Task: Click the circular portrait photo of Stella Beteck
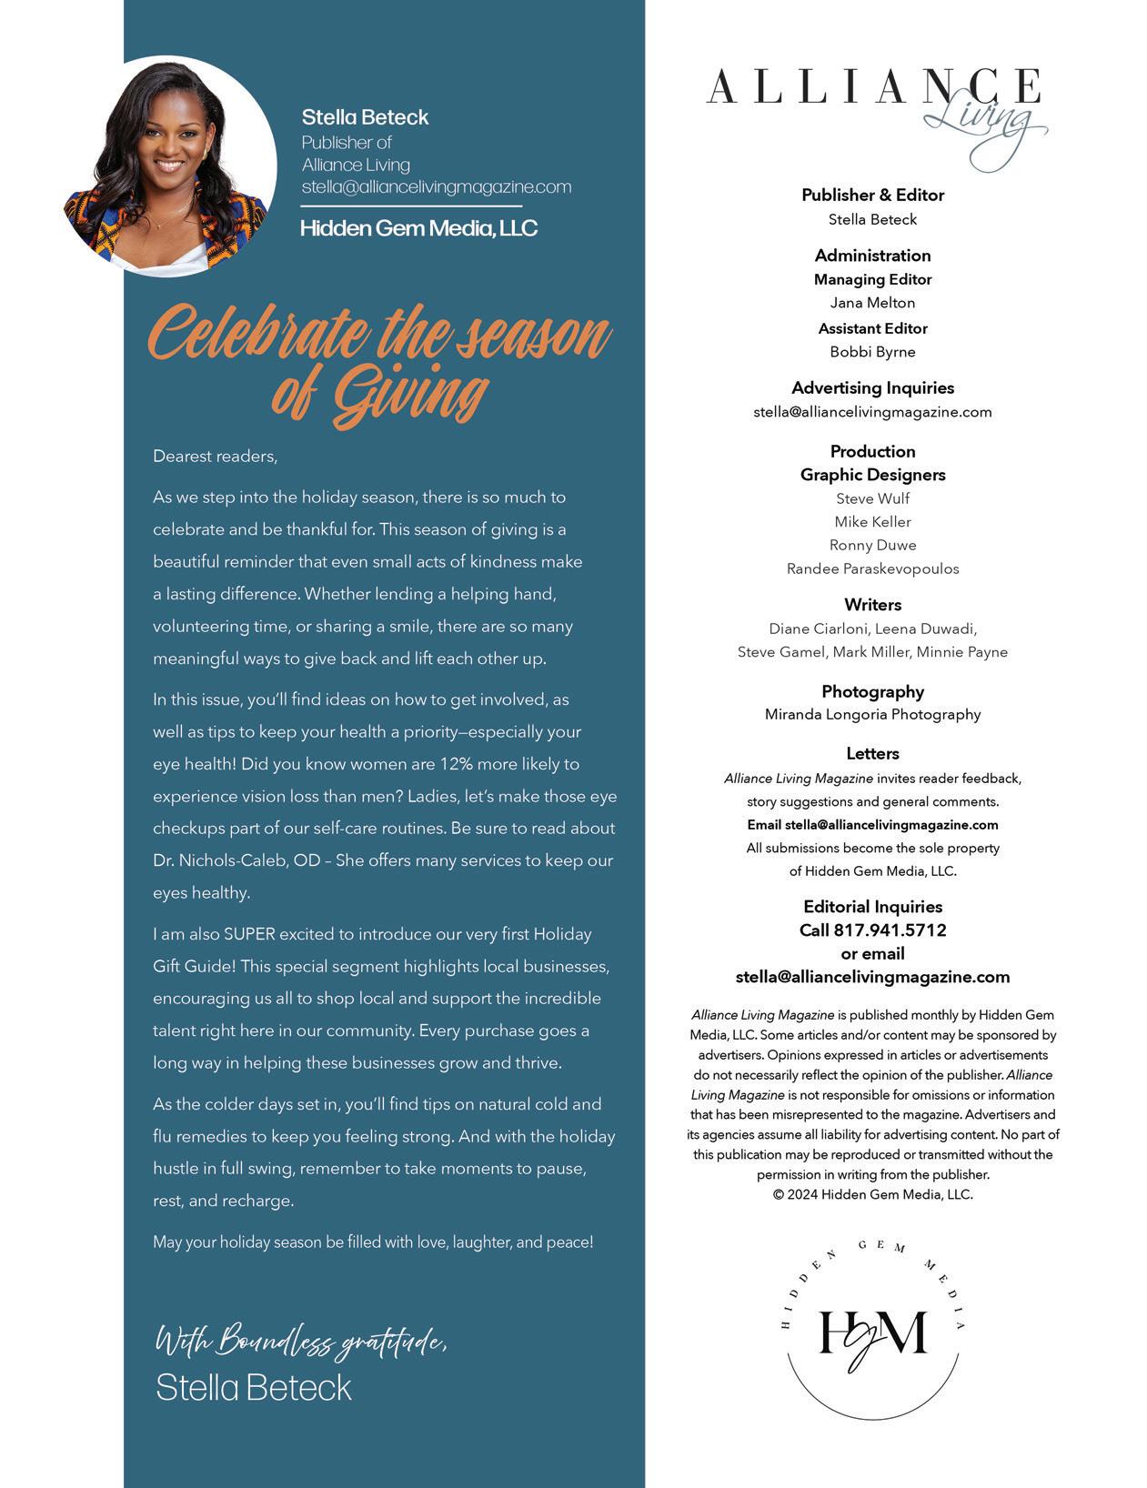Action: pyautogui.click(x=170, y=166)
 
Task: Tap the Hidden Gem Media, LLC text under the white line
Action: pyautogui.click(x=418, y=228)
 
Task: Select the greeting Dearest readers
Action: pyautogui.click(x=215, y=456)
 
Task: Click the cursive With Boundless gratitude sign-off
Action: pyautogui.click(x=301, y=1341)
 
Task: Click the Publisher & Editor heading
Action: pyautogui.click(x=872, y=195)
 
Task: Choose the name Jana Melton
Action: pyautogui.click(x=872, y=303)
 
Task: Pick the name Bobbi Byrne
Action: pyautogui.click(x=872, y=352)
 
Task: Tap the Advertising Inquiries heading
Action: pyautogui.click(x=872, y=388)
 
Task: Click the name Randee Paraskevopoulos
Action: pyautogui.click(x=872, y=569)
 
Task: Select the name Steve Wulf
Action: pyautogui.click(x=872, y=498)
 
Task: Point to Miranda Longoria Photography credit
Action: pyautogui.click(x=872, y=715)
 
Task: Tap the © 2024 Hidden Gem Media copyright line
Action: pyautogui.click(x=872, y=1195)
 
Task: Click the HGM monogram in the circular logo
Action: pyautogui.click(x=872, y=1335)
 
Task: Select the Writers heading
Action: pyautogui.click(x=872, y=605)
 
